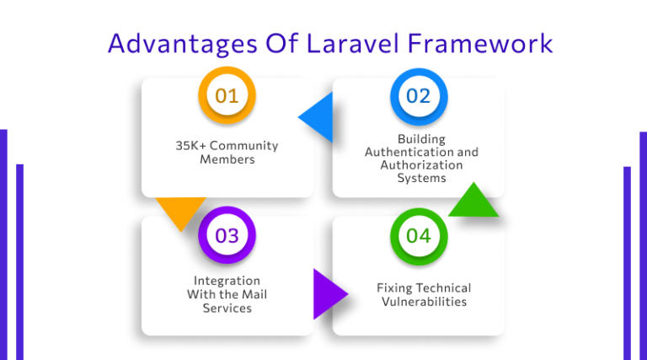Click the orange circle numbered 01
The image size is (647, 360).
(x=227, y=96)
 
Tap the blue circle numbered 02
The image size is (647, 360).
(x=419, y=96)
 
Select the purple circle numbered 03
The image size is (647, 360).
(x=227, y=235)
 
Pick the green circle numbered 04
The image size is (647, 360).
(x=419, y=235)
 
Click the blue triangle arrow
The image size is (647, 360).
(x=318, y=117)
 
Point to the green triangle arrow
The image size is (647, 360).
(x=474, y=202)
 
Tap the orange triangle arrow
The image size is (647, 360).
(x=180, y=212)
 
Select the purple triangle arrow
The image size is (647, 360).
(x=328, y=294)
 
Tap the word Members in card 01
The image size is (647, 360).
(x=227, y=159)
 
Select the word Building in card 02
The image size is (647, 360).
(x=421, y=139)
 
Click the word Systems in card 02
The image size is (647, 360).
(x=421, y=178)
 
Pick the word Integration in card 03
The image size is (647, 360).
(x=227, y=281)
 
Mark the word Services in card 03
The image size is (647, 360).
(x=227, y=308)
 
